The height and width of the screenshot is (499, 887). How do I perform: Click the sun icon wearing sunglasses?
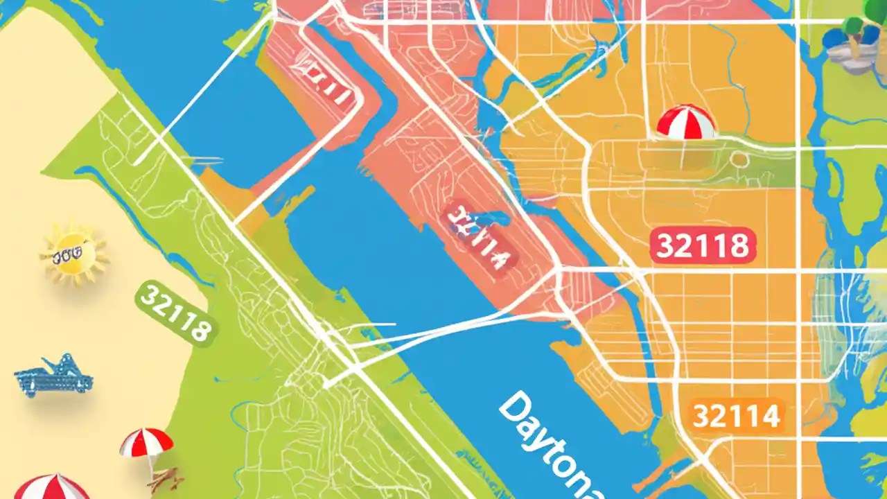(x=73, y=255)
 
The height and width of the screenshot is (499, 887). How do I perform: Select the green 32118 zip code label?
(x=175, y=311)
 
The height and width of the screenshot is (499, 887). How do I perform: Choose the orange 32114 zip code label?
(x=736, y=417)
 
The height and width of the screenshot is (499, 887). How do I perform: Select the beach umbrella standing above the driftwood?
(x=146, y=444)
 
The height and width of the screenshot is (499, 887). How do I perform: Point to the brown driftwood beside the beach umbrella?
(x=166, y=479)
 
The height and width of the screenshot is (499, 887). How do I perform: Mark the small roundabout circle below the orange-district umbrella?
(x=739, y=160)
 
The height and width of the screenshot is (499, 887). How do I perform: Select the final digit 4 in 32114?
(x=771, y=417)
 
